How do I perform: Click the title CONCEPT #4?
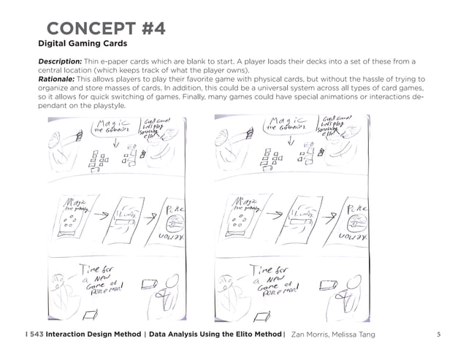(x=106, y=28)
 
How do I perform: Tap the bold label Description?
(x=62, y=61)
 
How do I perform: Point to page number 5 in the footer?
(x=438, y=334)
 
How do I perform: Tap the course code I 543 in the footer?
(x=33, y=334)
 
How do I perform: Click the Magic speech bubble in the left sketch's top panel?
(x=114, y=129)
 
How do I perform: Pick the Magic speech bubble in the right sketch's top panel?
(x=284, y=129)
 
